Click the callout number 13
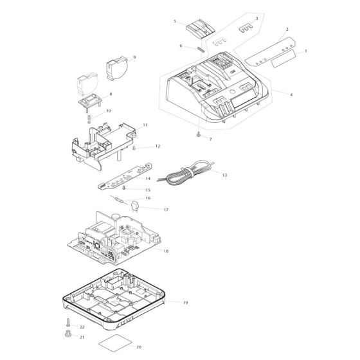pyautogui.click(x=224, y=175)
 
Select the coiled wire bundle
pyautogui.click(x=186, y=172)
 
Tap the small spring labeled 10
pyautogui.click(x=89, y=119)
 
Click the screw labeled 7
pyautogui.click(x=199, y=135)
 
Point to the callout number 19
pyautogui.click(x=186, y=303)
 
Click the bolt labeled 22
pyautogui.click(x=68, y=322)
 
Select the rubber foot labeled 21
pyautogui.click(x=68, y=334)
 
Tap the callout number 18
pyautogui.click(x=166, y=251)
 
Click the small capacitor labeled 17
pyautogui.click(x=135, y=206)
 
